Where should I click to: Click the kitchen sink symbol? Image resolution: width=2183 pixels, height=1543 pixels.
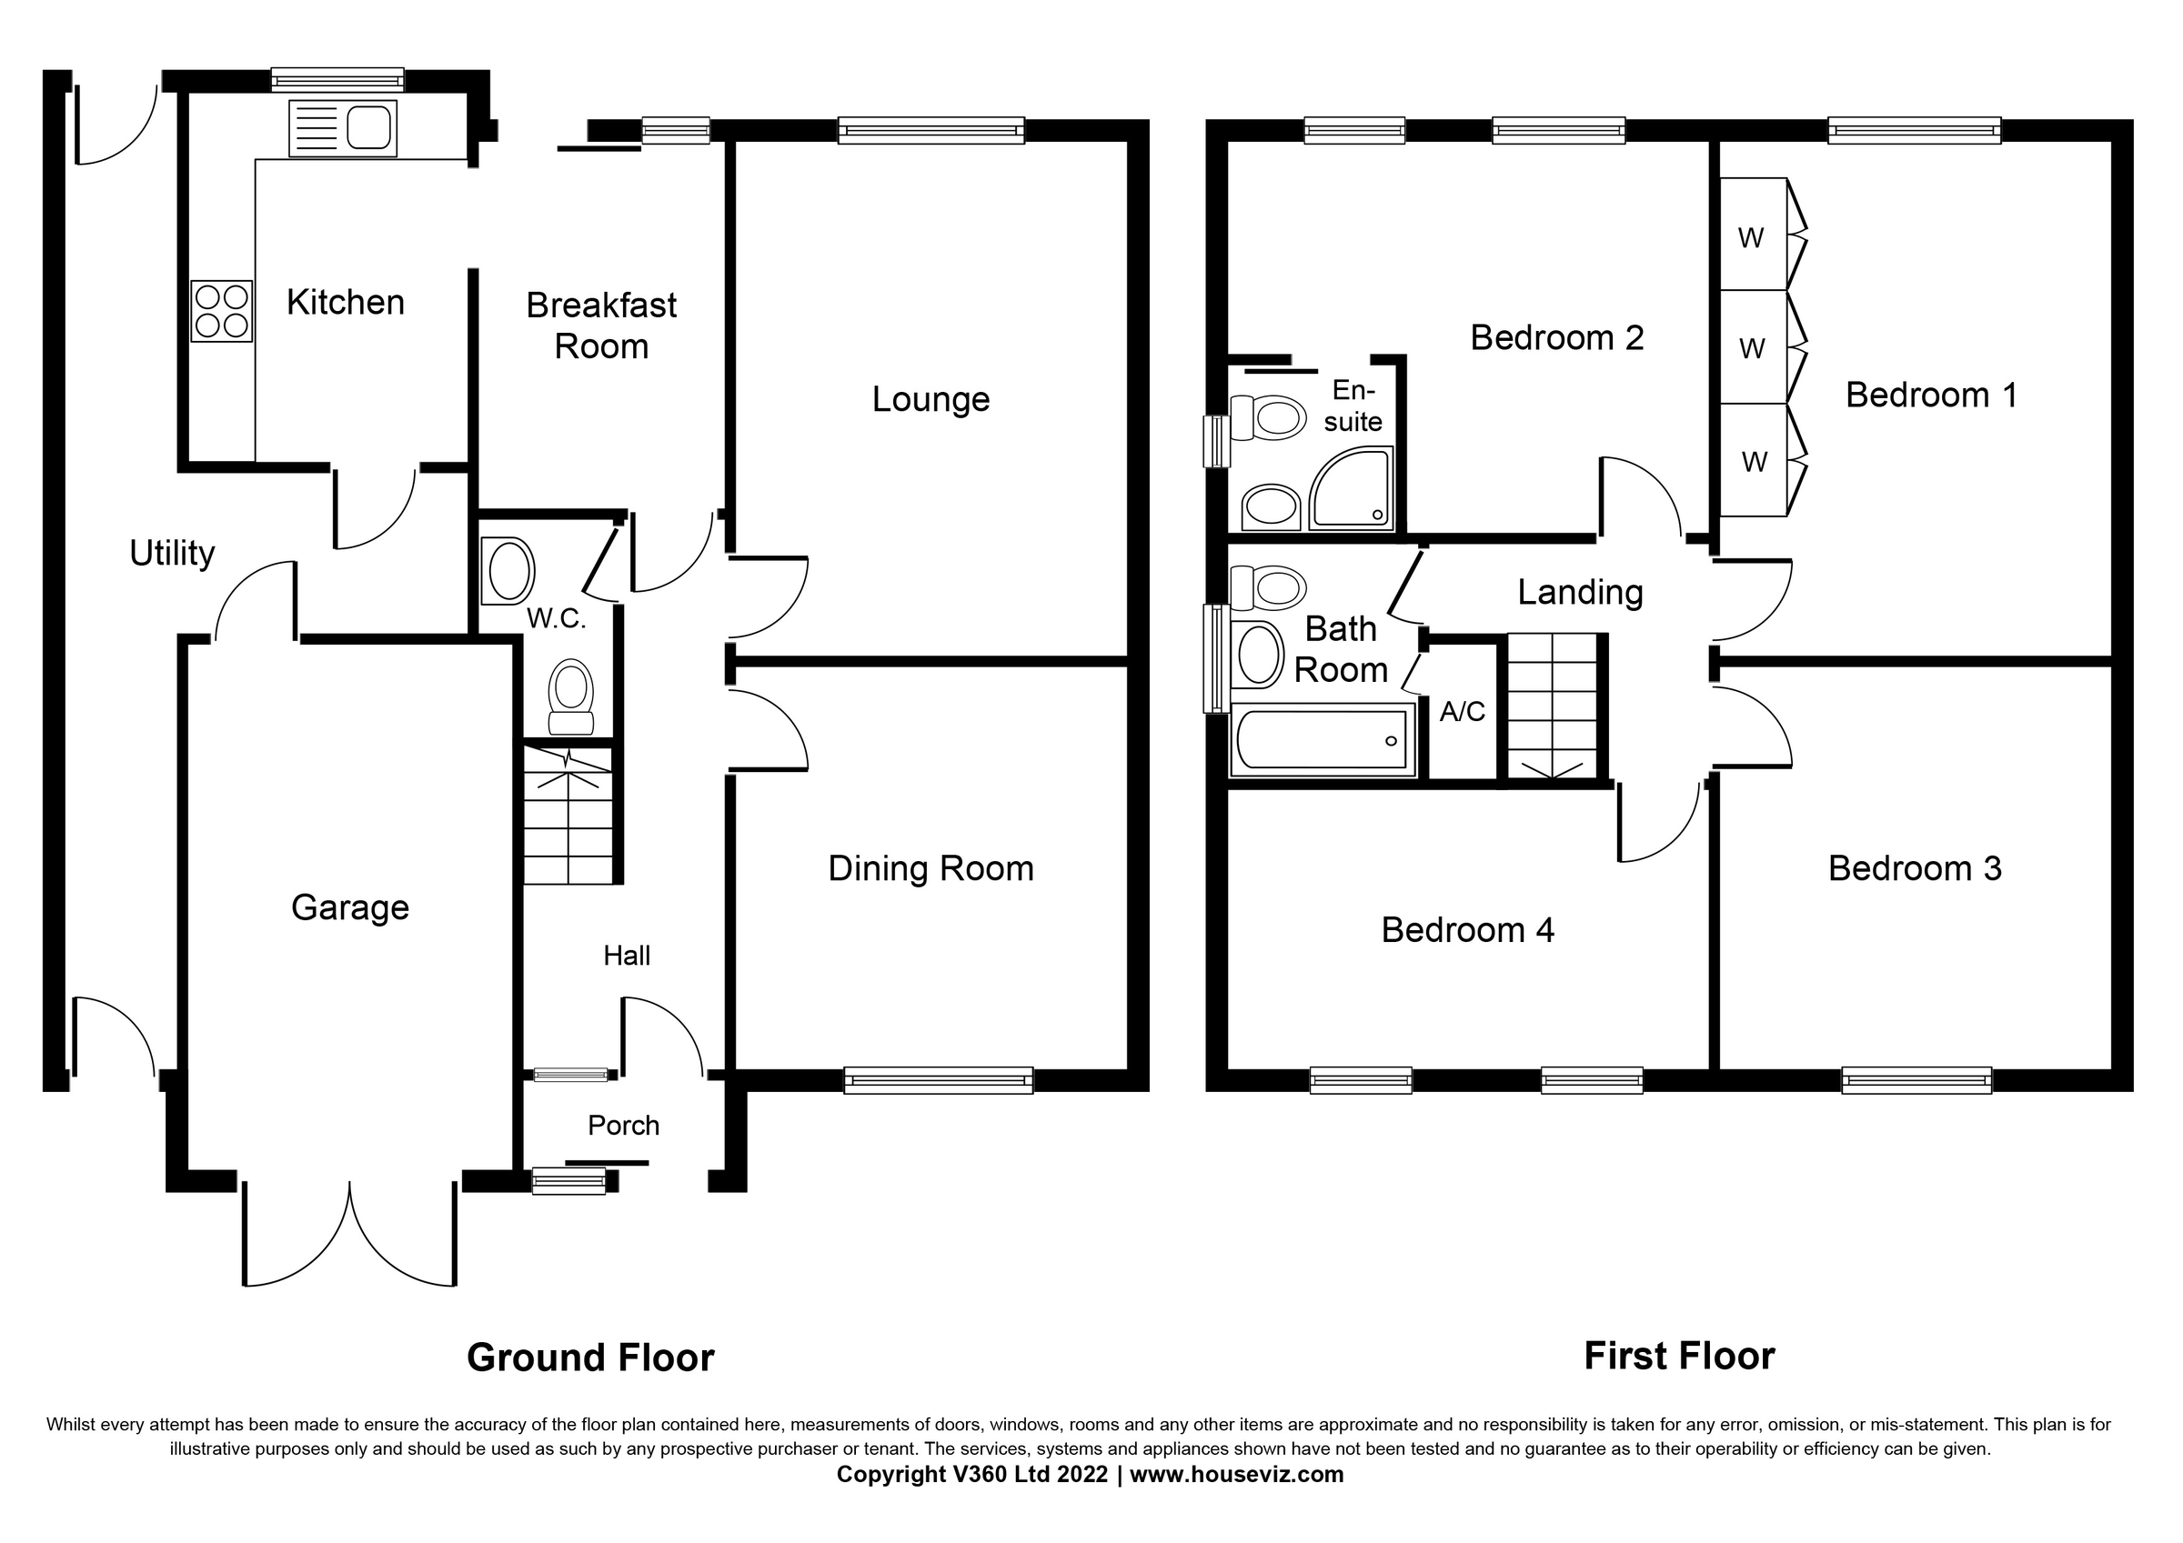point(343,128)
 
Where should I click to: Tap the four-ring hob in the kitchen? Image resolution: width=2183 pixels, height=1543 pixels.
point(222,311)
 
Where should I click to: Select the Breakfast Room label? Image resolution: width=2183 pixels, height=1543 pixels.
point(601,326)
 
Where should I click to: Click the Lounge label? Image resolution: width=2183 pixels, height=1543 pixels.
point(930,399)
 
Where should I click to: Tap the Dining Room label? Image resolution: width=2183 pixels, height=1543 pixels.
point(930,869)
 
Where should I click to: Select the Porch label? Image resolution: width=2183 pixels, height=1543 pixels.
point(623,1126)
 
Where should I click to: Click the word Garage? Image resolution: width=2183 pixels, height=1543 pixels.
point(350,908)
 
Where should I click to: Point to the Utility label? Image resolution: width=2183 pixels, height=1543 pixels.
point(172,554)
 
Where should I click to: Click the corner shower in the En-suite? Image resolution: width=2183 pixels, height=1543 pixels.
point(1350,489)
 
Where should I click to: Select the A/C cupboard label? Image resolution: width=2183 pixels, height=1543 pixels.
point(1462,711)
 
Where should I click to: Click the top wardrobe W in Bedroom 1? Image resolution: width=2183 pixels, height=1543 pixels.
point(1751,236)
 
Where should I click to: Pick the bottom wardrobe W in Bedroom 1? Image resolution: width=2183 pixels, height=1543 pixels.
point(1755,462)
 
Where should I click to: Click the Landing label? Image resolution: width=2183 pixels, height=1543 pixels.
point(1579,592)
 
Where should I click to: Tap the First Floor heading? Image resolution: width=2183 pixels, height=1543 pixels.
point(1678,1356)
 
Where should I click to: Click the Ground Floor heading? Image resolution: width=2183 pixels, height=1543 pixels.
point(589,1358)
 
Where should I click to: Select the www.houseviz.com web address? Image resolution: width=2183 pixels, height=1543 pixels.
point(1236,1475)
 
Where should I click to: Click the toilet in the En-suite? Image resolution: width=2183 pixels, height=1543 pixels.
point(1269,418)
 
